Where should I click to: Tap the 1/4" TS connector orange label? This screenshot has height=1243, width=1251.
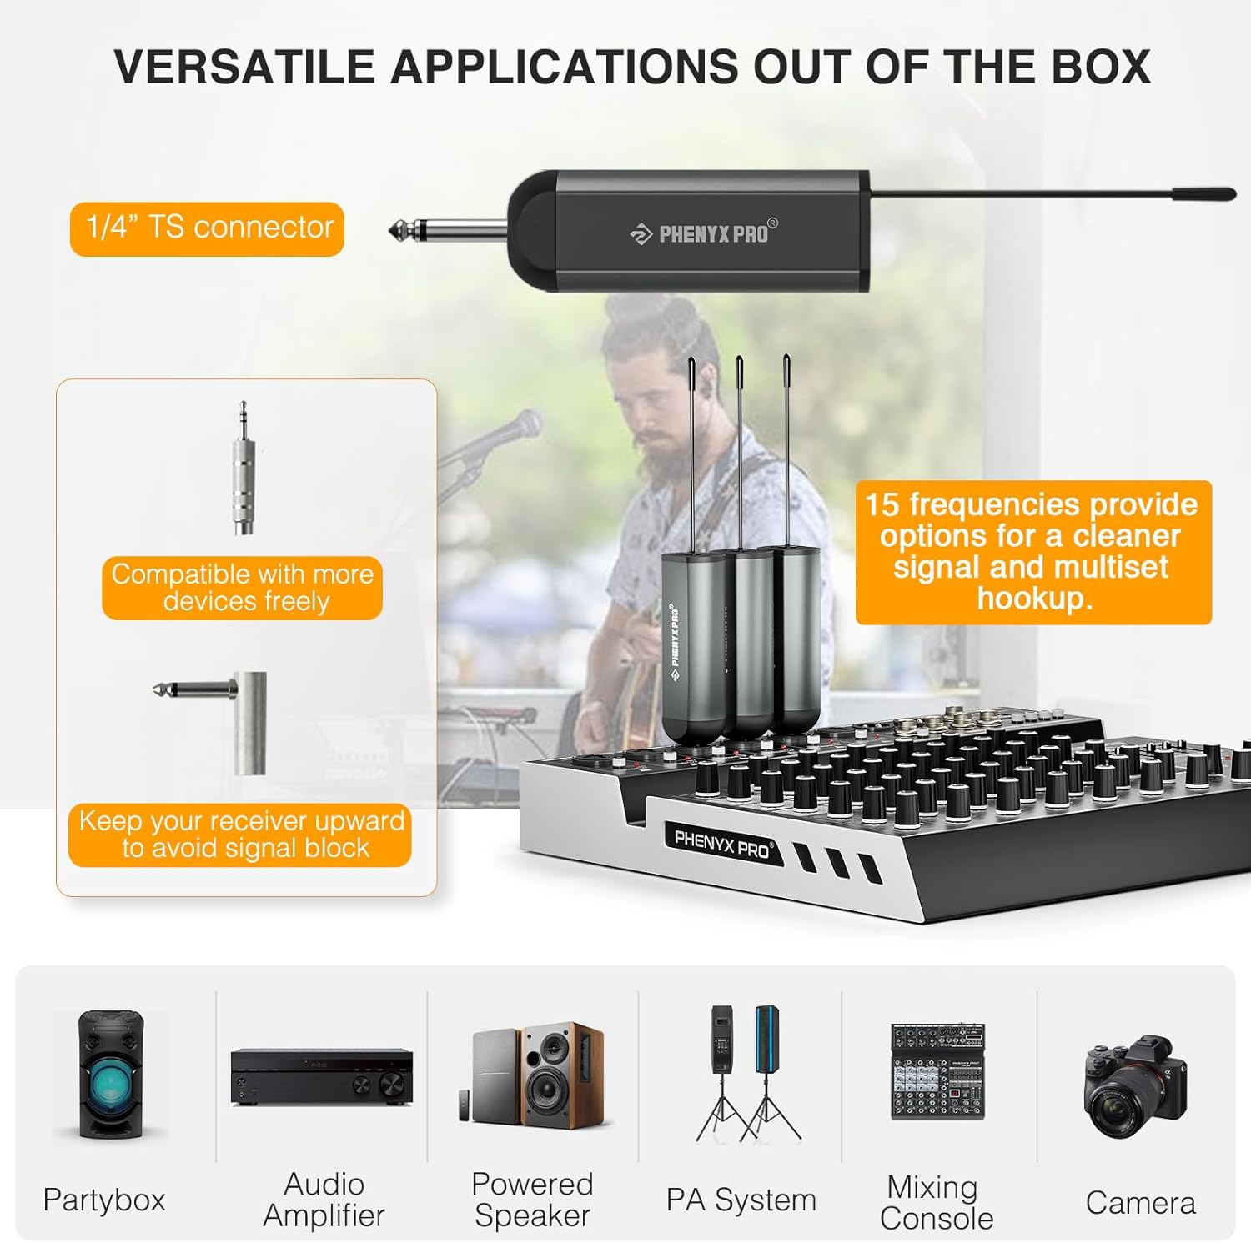208,228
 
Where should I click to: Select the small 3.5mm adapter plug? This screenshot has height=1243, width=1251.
243,472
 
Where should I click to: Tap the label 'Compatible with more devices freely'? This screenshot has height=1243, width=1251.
243,588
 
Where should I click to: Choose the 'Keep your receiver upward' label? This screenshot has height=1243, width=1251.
241,835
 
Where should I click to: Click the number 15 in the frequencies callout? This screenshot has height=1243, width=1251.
882,505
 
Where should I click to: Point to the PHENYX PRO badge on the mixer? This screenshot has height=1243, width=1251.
723,845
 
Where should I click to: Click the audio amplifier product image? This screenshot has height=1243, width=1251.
322,1076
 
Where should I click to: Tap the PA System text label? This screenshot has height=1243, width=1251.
741,1200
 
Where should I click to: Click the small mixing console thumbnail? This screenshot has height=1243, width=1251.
938,1072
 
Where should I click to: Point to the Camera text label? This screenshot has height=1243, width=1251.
1140,1203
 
